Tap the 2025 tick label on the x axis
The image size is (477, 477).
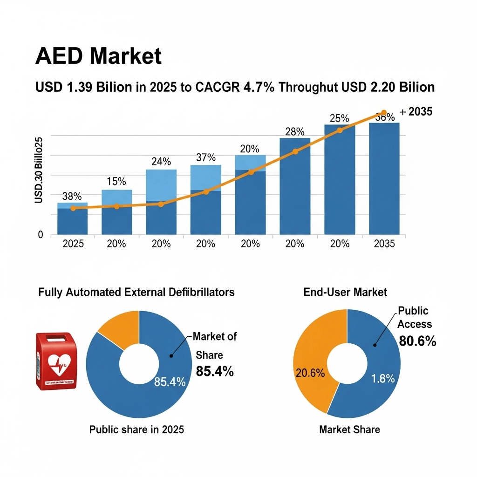coord(73,244)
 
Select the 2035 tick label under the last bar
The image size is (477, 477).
coord(384,244)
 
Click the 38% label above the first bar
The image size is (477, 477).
coord(72,197)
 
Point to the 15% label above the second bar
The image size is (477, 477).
coord(116,181)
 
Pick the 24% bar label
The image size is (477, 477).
coord(161,162)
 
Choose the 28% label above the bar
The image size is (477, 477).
coord(294,131)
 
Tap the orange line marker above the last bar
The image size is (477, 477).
coord(384,113)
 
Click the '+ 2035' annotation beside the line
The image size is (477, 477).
coord(416,112)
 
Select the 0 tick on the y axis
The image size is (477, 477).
coord(41,235)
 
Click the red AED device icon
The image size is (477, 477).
coord(56,361)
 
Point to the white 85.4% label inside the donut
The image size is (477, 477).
coord(170,382)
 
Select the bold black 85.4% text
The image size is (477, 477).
coord(215,371)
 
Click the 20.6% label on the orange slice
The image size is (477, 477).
coord(310,373)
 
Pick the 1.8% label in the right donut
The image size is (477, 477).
coord(383,379)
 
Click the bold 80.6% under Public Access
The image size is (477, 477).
coord(417,341)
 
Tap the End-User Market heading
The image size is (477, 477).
coord(345,292)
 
